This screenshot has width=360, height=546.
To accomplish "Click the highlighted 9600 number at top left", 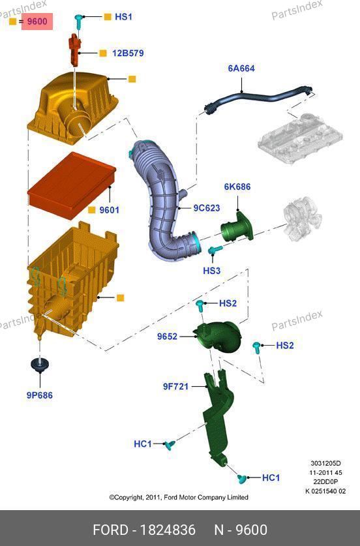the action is (37, 22).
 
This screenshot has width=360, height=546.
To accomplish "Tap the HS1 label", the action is (123, 17).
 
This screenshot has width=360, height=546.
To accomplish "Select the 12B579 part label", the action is (128, 53).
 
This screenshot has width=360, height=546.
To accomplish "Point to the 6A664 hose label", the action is (241, 68).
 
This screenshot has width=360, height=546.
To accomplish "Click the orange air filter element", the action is (71, 185).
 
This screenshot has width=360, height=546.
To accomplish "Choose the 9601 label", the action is (109, 210).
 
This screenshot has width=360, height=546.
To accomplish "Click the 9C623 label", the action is (207, 208).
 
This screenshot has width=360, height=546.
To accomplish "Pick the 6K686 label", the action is (237, 187).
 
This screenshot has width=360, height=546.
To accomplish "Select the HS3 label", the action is (212, 271).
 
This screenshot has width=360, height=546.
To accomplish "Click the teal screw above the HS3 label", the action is (215, 250).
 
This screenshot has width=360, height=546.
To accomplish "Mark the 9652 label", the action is (167, 337).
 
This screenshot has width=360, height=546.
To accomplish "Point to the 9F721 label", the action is (175, 387).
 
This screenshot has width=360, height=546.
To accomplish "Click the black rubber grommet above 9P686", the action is (40, 365).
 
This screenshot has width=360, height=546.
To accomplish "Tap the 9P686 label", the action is (39, 395).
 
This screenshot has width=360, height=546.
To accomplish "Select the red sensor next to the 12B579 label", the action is (74, 49).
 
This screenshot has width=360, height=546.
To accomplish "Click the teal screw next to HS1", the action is (79, 21).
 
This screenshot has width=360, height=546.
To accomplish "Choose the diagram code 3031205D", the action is (325, 463).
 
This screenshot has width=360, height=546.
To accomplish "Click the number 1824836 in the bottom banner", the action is (168, 530).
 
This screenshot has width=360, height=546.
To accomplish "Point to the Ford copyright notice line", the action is (179, 497).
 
